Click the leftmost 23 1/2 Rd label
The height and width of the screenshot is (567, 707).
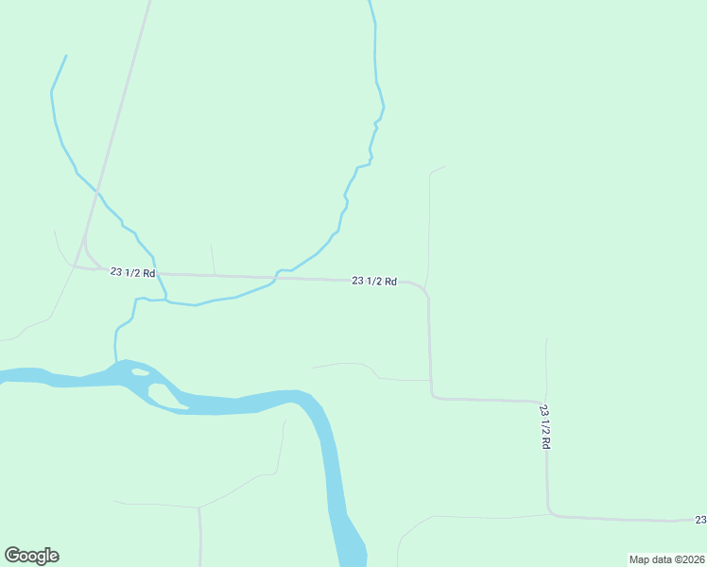click(x=132, y=272)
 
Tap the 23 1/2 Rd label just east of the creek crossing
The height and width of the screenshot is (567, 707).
click(x=373, y=281)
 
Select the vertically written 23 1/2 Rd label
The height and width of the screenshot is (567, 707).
click(x=545, y=426)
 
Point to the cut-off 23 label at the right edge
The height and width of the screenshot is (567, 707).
click(x=700, y=520)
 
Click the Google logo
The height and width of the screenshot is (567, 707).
click(x=31, y=556)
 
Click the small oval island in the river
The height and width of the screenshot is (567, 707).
click(x=140, y=372)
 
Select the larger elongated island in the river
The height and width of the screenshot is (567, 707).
click(x=168, y=396)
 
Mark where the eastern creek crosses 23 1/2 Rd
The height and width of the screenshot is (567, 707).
click(x=276, y=277)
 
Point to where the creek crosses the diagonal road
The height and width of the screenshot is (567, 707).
click(x=96, y=191)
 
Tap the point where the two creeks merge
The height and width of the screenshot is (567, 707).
click(x=167, y=301)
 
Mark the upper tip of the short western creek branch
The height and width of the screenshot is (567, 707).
click(x=66, y=56)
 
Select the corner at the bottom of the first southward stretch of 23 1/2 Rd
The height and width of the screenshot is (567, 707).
click(x=433, y=396)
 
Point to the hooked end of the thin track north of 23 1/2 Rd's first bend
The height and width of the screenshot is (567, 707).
click(x=443, y=167)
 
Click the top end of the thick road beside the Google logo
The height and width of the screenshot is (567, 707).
click(x=199, y=508)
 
